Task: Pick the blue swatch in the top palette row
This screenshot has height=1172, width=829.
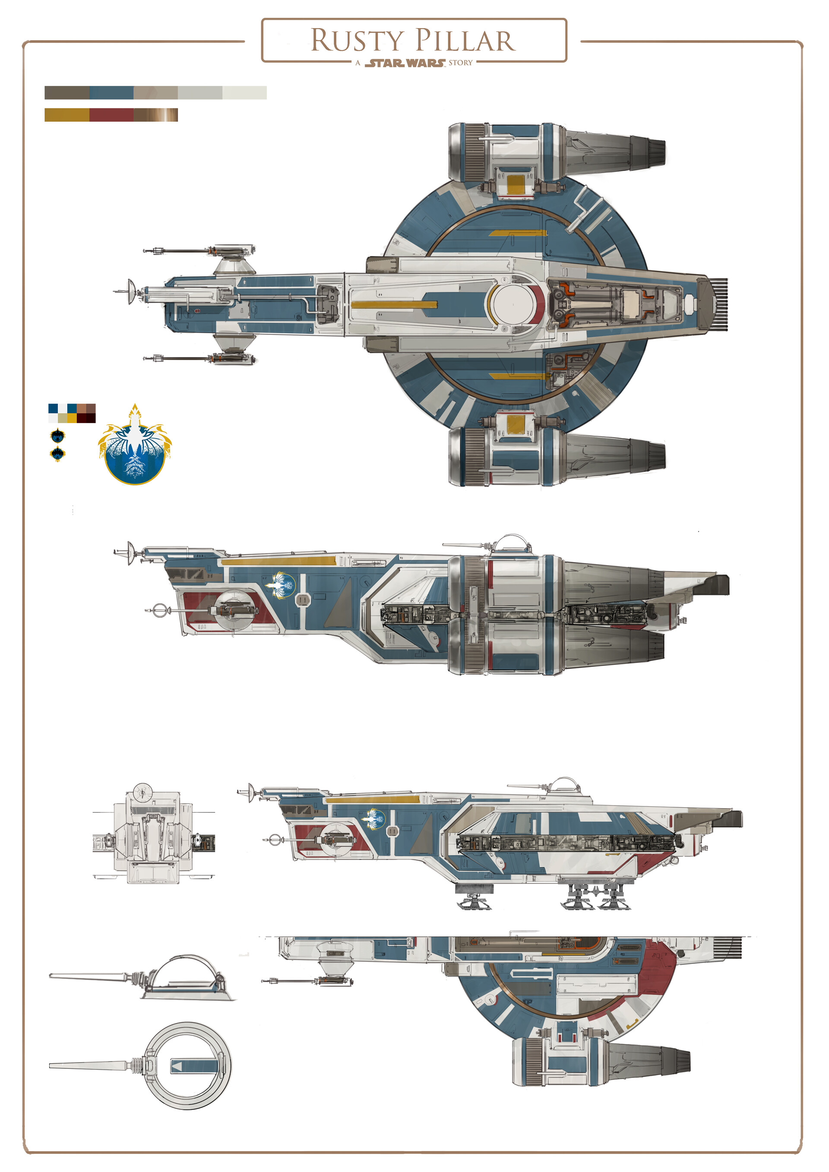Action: pyautogui.click(x=111, y=92)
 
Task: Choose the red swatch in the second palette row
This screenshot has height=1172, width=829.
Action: pyautogui.click(x=111, y=115)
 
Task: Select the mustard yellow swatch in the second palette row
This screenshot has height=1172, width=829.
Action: pyautogui.click(x=67, y=115)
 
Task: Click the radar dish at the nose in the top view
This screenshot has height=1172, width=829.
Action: pyautogui.click(x=131, y=291)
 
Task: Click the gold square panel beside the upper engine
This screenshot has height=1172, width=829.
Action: pyautogui.click(x=516, y=184)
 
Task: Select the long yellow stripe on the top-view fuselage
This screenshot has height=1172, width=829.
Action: pyautogui.click(x=394, y=305)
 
